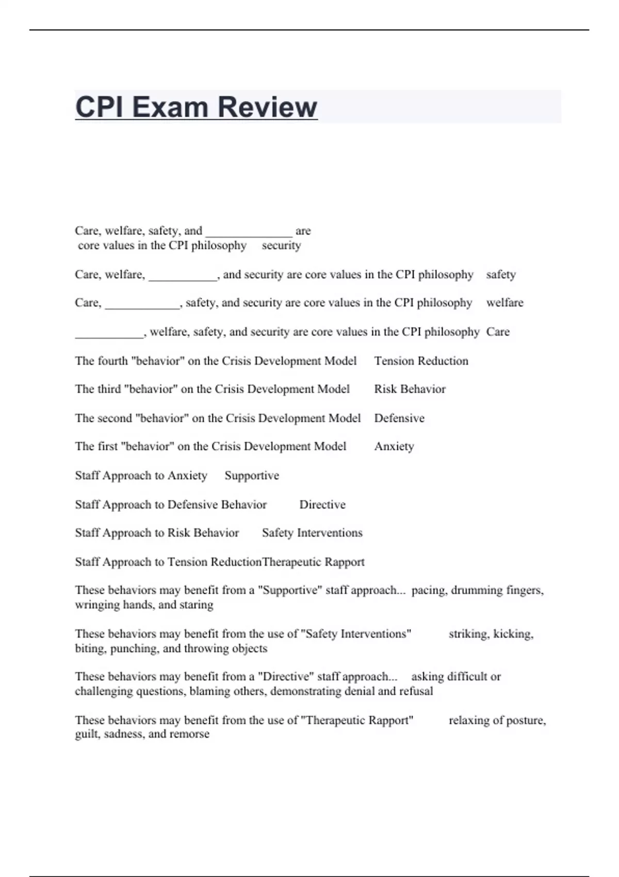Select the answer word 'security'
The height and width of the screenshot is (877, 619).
[x=281, y=246]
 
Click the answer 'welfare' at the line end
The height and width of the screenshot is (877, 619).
[x=504, y=303]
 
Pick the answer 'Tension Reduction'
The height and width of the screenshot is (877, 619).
[x=421, y=361]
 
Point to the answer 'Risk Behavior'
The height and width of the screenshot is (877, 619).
[x=410, y=389]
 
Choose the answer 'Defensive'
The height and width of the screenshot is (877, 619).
[x=399, y=418]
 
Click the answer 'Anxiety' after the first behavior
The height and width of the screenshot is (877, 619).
[x=394, y=446]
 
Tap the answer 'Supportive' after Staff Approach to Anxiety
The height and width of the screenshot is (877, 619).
[x=252, y=476]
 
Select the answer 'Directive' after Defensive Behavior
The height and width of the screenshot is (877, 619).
[x=322, y=505]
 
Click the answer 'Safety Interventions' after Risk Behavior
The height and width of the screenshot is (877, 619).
[x=312, y=533]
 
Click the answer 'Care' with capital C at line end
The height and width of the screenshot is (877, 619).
[x=498, y=332]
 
